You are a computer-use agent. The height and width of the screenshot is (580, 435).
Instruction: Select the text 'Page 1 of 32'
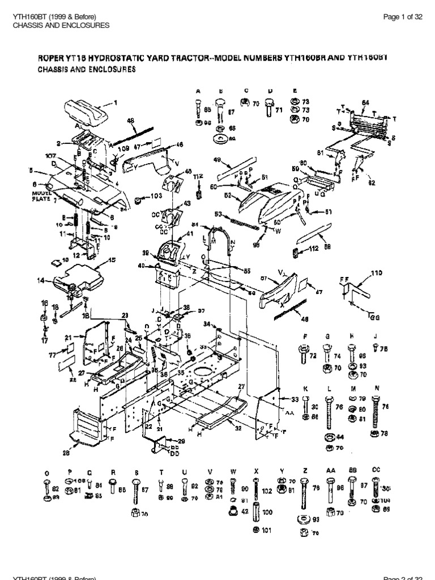tap(403, 17)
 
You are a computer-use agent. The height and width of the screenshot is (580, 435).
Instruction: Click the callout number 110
tap(376, 273)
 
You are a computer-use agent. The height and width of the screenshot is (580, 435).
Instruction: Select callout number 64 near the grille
tap(365, 103)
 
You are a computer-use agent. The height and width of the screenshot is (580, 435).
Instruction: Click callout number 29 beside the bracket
tap(181, 440)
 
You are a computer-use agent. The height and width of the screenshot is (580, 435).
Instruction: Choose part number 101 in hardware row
tap(268, 531)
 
